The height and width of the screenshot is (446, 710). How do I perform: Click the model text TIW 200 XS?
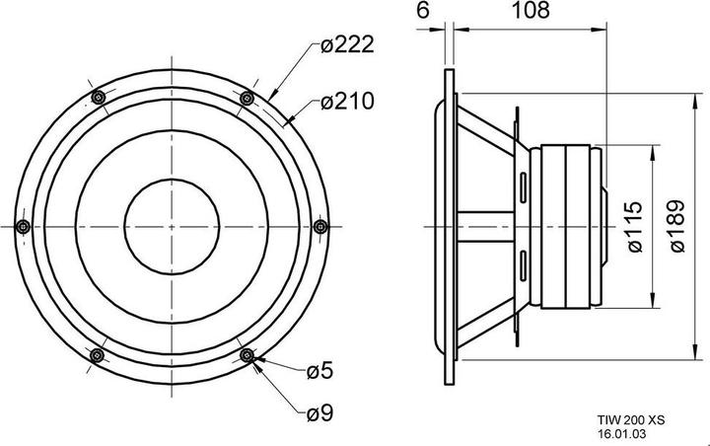(x=631, y=419)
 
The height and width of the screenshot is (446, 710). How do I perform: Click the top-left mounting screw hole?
(x=97, y=97)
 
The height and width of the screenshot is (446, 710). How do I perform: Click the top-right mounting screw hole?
(x=247, y=97)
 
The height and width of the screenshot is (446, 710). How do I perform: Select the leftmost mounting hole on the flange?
(x=22, y=226)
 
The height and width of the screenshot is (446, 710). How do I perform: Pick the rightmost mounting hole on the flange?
(x=319, y=226)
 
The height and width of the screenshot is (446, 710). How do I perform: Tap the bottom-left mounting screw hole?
(x=97, y=355)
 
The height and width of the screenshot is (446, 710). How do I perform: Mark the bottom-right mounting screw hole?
(x=247, y=355)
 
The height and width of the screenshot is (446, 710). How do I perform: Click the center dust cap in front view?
(x=171, y=226)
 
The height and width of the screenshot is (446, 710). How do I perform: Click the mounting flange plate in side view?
(x=451, y=226)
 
